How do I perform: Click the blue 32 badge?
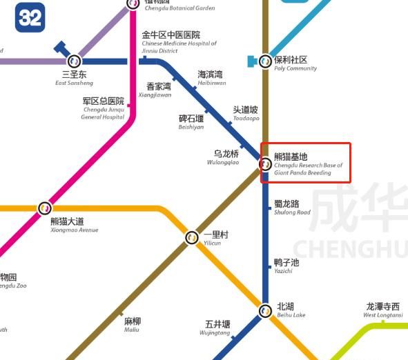(30, 18)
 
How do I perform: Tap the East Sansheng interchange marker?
(74, 61)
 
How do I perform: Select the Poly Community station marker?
(265, 61)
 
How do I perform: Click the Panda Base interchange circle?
(265, 164)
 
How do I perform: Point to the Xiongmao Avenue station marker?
(45, 208)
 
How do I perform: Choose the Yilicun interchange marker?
(193, 238)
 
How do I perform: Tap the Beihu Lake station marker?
(265, 311)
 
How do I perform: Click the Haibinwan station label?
(211, 78)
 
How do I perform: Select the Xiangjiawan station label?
(159, 90)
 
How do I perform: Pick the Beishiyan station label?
(191, 122)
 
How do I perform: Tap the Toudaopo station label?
(245, 113)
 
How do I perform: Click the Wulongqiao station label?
(225, 157)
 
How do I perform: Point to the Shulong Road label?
(291, 208)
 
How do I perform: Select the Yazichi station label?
(286, 266)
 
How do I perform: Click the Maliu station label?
(132, 325)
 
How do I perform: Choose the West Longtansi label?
(382, 310)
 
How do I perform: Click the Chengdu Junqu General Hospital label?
(104, 109)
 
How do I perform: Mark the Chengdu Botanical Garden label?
(178, 6)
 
